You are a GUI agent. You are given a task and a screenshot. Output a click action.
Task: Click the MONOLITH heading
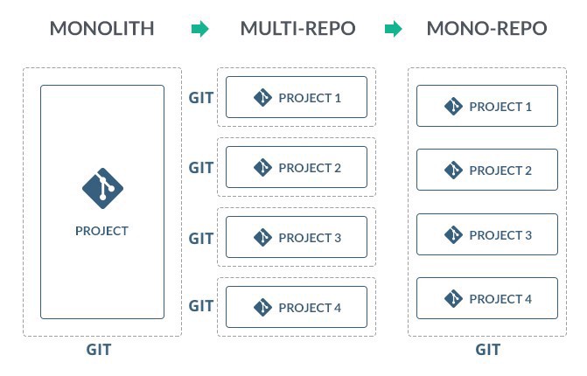[x=101, y=29]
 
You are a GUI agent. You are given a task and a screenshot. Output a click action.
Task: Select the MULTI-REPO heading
[x=297, y=29]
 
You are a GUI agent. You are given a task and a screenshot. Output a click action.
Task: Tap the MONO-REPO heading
[x=486, y=29]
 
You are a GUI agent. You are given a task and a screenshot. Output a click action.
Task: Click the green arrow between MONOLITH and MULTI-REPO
[x=200, y=30]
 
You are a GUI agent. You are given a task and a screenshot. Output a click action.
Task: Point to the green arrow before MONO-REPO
[x=393, y=30]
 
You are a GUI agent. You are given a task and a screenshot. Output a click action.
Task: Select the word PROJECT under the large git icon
[x=102, y=232]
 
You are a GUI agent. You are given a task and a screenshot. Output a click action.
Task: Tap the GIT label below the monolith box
[x=98, y=351]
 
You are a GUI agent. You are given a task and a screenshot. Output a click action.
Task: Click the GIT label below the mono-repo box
[x=487, y=351]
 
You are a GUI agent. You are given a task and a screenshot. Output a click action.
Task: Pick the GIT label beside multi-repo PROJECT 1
[x=201, y=97]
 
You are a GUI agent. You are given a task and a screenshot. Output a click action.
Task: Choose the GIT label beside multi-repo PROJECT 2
[x=201, y=167]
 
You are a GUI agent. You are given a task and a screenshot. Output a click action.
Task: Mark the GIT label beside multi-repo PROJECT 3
[x=201, y=237]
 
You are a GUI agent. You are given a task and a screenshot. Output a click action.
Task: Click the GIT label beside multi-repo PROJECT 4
[x=201, y=306]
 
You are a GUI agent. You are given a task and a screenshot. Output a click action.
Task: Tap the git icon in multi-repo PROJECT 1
[x=262, y=98]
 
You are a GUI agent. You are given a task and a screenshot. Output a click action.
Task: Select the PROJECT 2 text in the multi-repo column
[x=310, y=168]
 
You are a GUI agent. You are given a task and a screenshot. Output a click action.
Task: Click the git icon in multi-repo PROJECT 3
[x=262, y=238]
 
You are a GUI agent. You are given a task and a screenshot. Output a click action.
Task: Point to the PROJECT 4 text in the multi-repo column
[x=310, y=308]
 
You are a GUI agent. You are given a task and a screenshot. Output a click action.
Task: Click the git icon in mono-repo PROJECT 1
[x=453, y=107]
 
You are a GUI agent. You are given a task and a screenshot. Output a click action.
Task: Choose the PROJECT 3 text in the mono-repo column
[x=500, y=235]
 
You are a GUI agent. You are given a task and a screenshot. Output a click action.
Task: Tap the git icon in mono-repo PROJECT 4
[x=453, y=299]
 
